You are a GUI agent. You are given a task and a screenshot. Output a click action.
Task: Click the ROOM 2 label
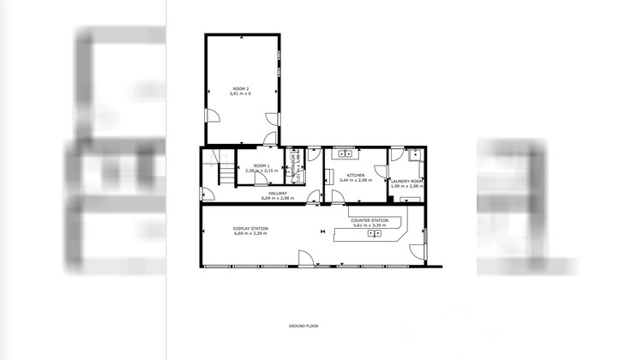tap(241, 88)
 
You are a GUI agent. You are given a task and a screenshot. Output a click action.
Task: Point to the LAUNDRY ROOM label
tap(406, 181)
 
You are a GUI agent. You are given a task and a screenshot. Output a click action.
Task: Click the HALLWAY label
tap(277, 193)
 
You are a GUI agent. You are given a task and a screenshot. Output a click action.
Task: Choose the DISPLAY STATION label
tap(250, 228)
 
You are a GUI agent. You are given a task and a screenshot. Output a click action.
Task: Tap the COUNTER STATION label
tap(370, 220)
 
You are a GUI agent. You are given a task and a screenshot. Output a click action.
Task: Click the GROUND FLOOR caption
tap(303, 327)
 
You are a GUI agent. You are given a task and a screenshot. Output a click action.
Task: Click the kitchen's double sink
tap(346, 154)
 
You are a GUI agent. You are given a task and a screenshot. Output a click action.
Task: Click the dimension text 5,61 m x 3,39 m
tap(370, 225)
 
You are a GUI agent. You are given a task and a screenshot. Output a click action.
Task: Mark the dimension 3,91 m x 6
tap(241, 93)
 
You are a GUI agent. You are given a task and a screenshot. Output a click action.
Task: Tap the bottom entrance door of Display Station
tap(304, 258)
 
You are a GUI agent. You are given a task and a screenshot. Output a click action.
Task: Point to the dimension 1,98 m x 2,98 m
tap(406, 186)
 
